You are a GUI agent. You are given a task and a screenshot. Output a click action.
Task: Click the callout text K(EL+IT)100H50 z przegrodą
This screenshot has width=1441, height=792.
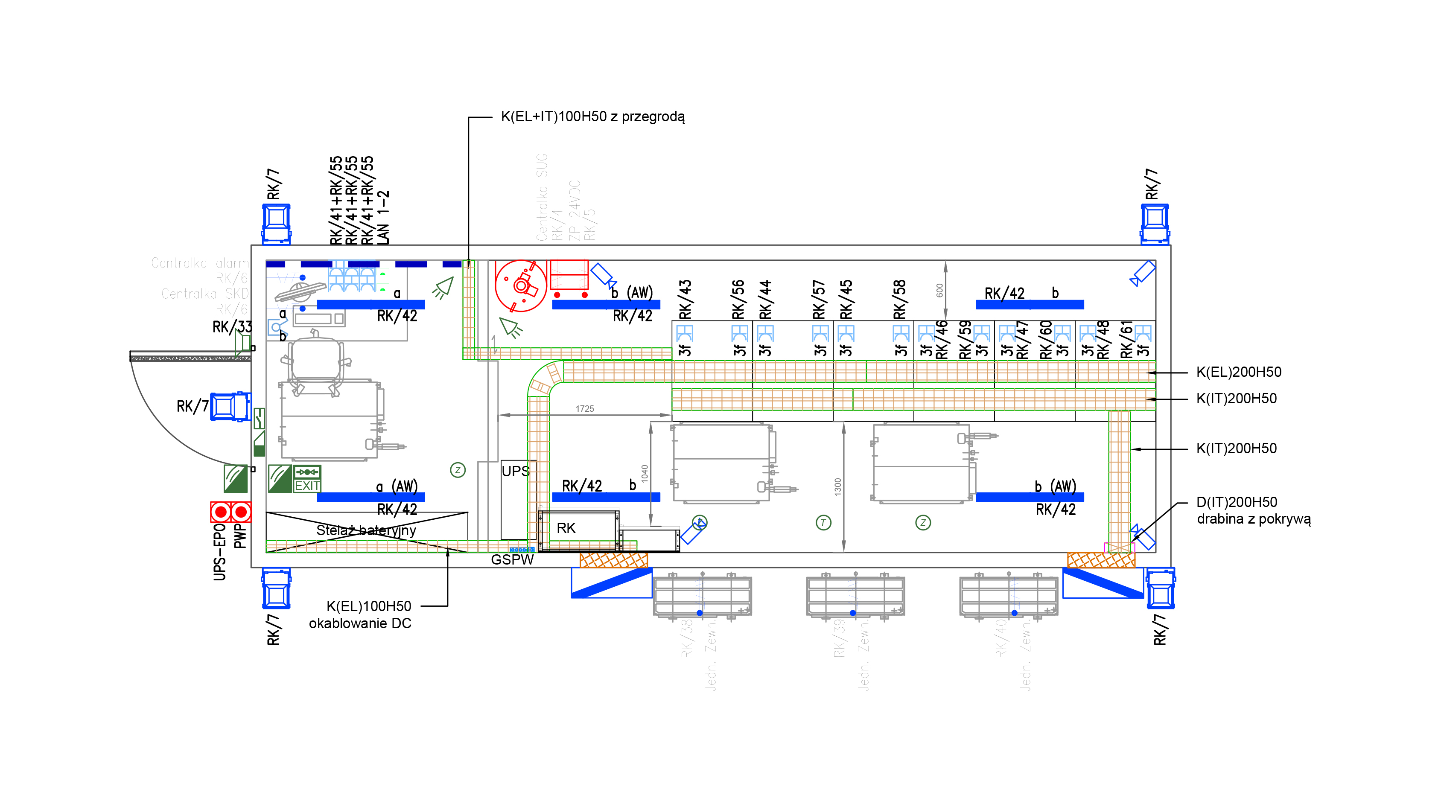pyautogui.click(x=592, y=116)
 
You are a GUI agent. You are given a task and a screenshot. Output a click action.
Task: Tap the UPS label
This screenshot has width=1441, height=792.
pyautogui.click(x=515, y=471)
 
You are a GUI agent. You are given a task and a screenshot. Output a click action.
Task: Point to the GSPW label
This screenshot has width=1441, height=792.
pyautogui.click(x=512, y=559)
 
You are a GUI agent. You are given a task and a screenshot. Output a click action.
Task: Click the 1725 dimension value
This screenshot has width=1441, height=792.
pyautogui.click(x=585, y=408)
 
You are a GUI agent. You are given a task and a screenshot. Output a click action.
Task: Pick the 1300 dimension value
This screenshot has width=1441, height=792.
pyautogui.click(x=837, y=486)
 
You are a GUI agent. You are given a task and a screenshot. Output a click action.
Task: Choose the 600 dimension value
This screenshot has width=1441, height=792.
pyautogui.click(x=939, y=290)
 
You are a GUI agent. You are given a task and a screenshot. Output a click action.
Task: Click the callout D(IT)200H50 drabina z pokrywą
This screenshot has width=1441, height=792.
pyautogui.click(x=1253, y=510)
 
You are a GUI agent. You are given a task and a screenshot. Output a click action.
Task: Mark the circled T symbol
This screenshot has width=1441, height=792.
pyautogui.click(x=823, y=522)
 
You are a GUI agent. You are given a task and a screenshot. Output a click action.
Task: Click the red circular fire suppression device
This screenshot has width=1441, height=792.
pyautogui.click(x=520, y=286)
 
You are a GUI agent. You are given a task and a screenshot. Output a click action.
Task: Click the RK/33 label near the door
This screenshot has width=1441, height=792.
pyautogui.click(x=232, y=326)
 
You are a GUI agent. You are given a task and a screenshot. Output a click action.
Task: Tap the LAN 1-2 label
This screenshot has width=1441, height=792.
pyautogui.click(x=383, y=218)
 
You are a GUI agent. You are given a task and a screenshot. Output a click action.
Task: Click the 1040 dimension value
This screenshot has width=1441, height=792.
pyautogui.click(x=645, y=473)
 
